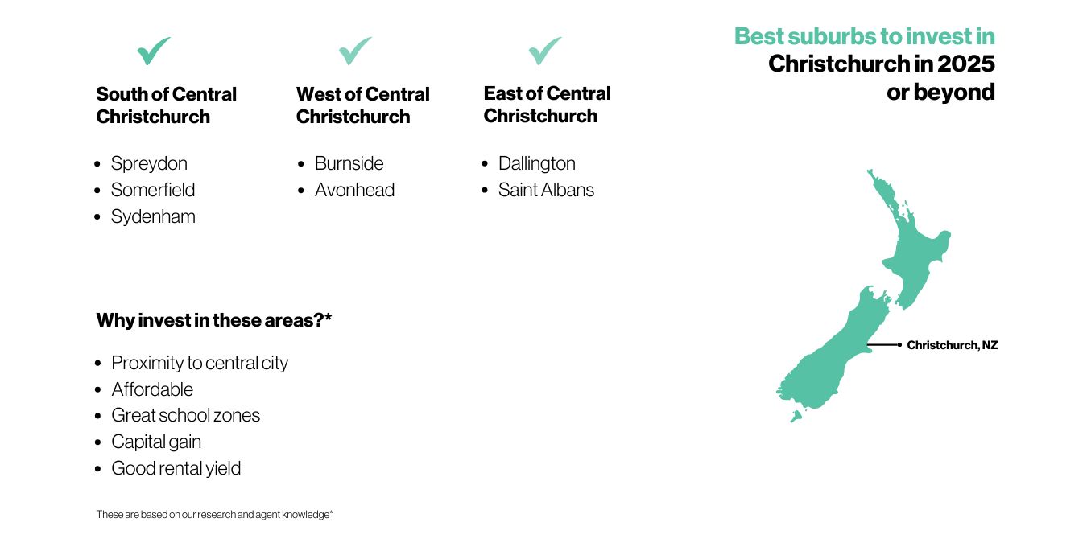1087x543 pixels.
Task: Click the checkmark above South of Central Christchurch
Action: (x=153, y=51)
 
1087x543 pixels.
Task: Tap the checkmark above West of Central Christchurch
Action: (x=355, y=51)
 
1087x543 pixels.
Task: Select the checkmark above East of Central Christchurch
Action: (x=544, y=51)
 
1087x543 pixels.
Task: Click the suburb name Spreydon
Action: (x=149, y=163)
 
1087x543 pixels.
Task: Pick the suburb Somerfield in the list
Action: (x=153, y=190)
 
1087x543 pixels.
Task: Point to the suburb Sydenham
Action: (x=153, y=216)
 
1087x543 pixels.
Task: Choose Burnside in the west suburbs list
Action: (x=349, y=163)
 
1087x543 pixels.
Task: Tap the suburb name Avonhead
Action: (x=355, y=190)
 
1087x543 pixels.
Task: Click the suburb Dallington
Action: (x=537, y=163)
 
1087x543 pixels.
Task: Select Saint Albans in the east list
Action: (x=546, y=190)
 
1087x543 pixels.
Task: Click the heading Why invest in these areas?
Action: (x=214, y=320)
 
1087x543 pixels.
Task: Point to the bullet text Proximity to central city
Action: (x=200, y=363)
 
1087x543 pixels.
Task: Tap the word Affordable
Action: (x=152, y=389)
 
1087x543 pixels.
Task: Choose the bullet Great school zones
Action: (x=185, y=415)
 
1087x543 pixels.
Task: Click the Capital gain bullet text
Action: (x=155, y=442)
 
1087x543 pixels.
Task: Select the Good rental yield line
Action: (x=176, y=468)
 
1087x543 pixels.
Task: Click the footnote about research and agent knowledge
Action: (x=214, y=514)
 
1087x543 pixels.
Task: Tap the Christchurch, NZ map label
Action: (x=952, y=345)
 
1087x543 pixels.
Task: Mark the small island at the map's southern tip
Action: (x=796, y=416)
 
